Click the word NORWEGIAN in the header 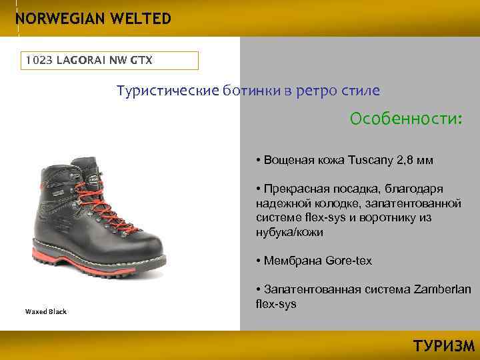[x=56, y=19]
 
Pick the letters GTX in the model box [x=141, y=61]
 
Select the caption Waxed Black [x=46, y=311]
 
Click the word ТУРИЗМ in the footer [x=444, y=346]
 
